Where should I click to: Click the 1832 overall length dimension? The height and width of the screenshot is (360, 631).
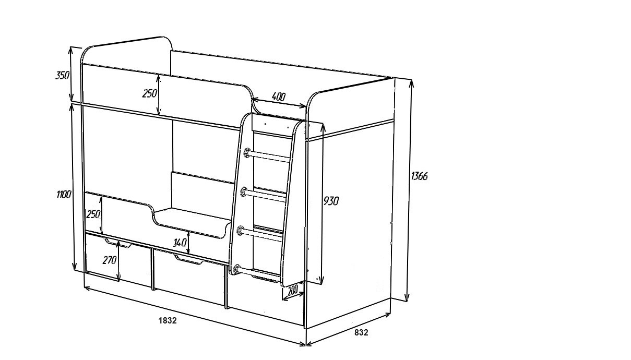(168, 320)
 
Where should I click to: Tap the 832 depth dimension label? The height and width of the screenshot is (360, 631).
(361, 332)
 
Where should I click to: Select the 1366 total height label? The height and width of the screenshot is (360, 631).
(419, 176)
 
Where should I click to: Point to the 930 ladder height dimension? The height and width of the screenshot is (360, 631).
(331, 201)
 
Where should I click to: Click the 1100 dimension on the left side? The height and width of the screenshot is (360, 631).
(64, 195)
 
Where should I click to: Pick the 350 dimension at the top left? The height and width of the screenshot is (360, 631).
(63, 75)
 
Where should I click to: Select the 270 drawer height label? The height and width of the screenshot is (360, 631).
(109, 259)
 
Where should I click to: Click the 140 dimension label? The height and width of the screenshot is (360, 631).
(180, 243)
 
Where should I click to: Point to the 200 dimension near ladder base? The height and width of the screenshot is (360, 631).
(293, 291)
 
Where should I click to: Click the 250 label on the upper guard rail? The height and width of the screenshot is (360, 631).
(149, 93)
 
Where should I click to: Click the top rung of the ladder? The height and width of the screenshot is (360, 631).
(269, 157)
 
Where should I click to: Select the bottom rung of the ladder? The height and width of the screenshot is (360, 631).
(259, 273)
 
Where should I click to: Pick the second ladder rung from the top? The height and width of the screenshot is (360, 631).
(265, 196)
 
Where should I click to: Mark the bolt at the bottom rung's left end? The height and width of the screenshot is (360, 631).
(237, 269)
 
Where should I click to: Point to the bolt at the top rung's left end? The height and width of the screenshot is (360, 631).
(247, 152)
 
